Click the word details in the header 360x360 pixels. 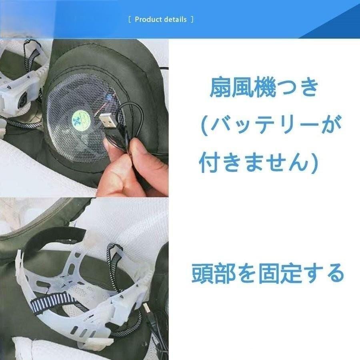175,20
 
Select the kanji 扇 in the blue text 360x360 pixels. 221,89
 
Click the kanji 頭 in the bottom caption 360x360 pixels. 203,274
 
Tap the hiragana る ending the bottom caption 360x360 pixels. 333,274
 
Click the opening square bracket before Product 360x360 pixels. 130,20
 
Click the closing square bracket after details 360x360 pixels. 192,20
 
